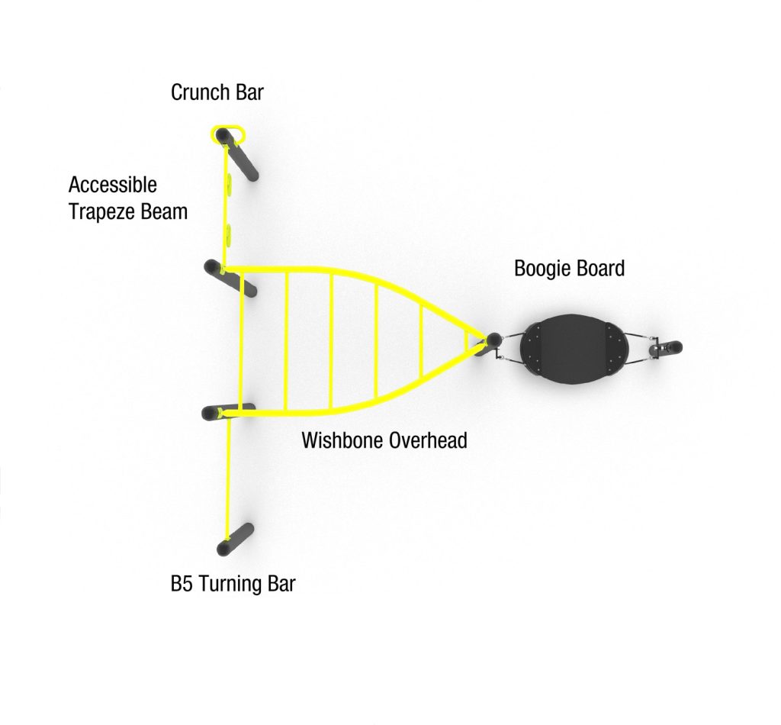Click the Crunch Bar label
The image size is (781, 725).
coord(217,92)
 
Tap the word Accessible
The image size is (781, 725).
coord(113,185)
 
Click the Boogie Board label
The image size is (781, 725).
coord(569,268)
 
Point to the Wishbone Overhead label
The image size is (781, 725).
coord(384,440)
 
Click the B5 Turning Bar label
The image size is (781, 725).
coord(233,584)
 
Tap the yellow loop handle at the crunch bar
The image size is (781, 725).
coord(229,134)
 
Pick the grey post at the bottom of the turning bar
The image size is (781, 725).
coord(236,540)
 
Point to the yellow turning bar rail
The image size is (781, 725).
coord(229,478)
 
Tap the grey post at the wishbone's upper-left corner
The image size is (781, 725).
coord(230,278)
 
